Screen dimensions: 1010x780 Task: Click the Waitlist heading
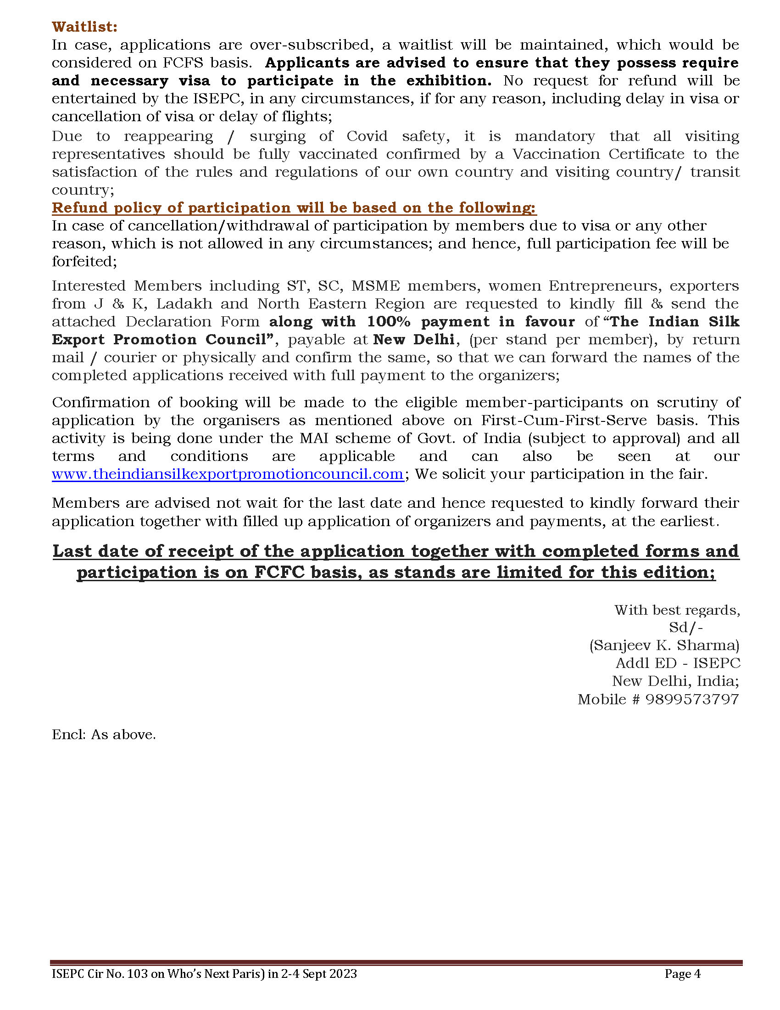pos(84,27)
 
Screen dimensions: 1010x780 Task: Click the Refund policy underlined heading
pos(294,208)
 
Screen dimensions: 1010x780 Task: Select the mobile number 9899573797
pos(692,699)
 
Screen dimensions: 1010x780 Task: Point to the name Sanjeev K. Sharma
pos(664,645)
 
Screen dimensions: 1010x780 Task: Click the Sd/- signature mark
pos(686,627)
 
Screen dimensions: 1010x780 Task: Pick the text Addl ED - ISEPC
pos(677,663)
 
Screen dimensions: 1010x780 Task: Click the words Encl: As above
pos(104,735)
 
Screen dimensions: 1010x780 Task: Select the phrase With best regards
pos(677,610)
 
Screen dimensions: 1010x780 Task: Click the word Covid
pos(367,136)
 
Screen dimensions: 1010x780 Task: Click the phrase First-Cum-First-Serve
pos(564,420)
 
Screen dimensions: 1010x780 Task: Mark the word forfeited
pos(84,261)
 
